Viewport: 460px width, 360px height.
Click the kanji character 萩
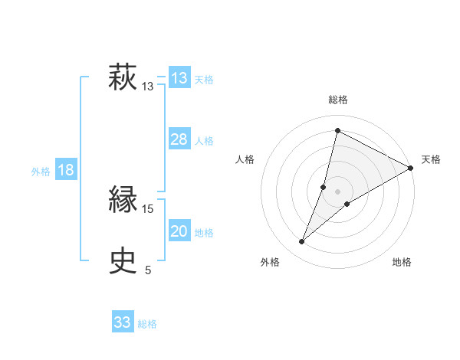coord(123,78)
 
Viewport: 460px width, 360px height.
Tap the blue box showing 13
coord(179,78)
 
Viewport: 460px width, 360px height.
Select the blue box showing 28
coord(179,139)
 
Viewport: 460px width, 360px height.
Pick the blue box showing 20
coord(179,231)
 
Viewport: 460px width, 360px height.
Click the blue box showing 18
coord(66,170)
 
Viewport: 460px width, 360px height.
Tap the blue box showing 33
coord(123,322)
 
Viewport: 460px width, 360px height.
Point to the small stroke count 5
coord(148,270)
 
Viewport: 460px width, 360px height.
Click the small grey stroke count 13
coord(148,87)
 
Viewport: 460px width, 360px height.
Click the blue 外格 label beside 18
coord(41,172)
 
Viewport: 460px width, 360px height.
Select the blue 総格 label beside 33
coord(147,324)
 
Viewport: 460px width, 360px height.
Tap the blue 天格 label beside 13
coord(204,80)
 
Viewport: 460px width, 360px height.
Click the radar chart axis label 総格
coord(338,100)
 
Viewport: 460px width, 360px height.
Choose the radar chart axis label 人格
coord(245,159)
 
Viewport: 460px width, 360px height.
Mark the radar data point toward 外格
coord(302,242)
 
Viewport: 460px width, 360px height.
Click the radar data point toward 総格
coord(337,130)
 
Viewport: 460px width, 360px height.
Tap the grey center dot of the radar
coord(338,191)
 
